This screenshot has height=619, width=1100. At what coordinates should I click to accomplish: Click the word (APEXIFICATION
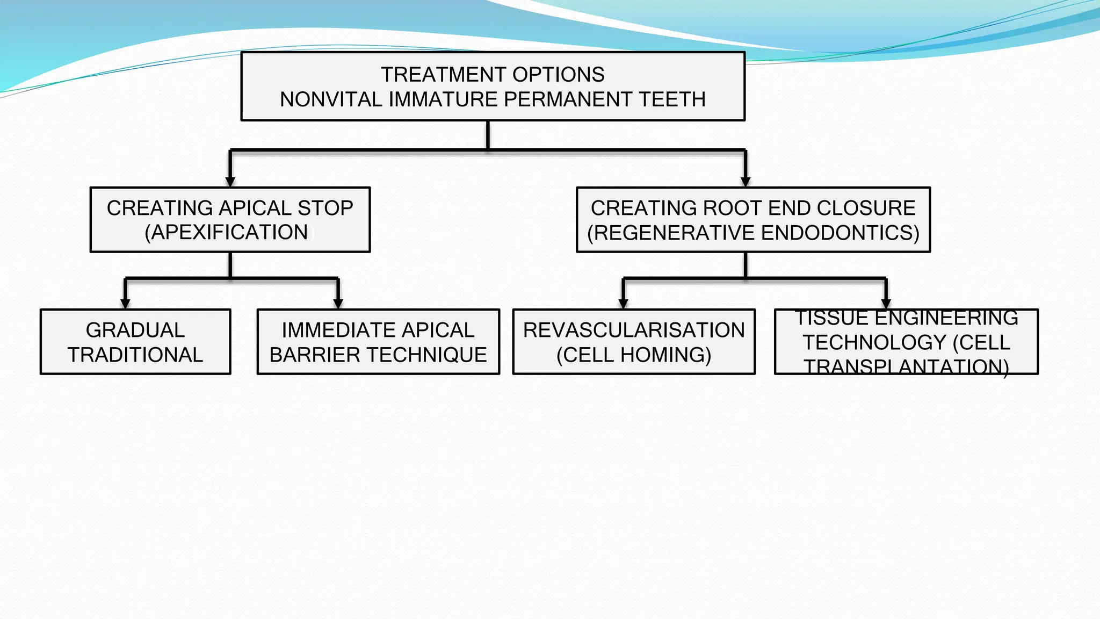(226, 232)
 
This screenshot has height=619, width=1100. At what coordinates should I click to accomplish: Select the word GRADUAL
(135, 330)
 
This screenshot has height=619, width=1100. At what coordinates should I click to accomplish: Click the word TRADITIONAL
(135, 355)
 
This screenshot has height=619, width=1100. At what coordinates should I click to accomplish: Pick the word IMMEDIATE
(328, 330)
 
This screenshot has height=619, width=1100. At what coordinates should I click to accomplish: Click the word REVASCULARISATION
(634, 330)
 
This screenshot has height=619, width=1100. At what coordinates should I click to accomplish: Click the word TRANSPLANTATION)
(906, 367)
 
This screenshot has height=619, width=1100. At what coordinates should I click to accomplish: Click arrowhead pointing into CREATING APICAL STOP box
(230, 182)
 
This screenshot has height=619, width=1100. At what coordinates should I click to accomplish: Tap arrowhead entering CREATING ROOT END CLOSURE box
(746, 182)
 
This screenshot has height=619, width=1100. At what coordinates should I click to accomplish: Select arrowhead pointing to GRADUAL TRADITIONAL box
(125, 304)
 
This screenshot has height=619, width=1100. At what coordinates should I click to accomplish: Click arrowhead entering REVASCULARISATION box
(623, 304)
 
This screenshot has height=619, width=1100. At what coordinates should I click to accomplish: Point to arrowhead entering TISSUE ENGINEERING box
(886, 304)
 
